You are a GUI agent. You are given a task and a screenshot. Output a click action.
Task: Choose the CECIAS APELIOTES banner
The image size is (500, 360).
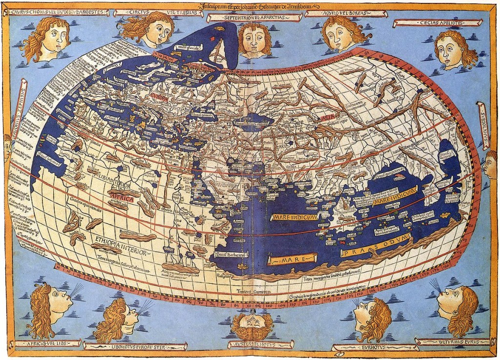pyautogui.click(x=437, y=22)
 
